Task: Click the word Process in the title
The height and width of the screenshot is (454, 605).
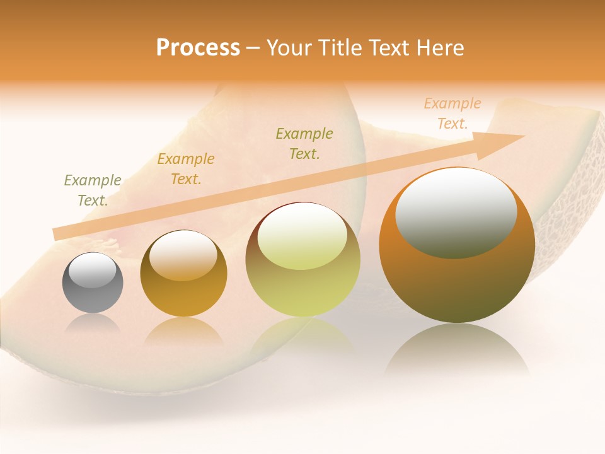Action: click(x=198, y=47)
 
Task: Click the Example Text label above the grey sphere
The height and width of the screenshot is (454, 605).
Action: click(x=93, y=190)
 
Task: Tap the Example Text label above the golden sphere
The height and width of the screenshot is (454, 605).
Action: click(x=186, y=169)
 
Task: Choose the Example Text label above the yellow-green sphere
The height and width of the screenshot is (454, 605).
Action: click(x=304, y=143)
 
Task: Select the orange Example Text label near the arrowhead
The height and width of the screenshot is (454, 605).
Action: click(x=452, y=113)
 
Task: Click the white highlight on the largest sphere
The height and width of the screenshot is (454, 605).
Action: click(x=456, y=212)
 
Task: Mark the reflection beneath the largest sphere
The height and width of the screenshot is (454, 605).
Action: click(x=457, y=350)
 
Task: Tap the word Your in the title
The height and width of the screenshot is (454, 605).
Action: click(x=289, y=48)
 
